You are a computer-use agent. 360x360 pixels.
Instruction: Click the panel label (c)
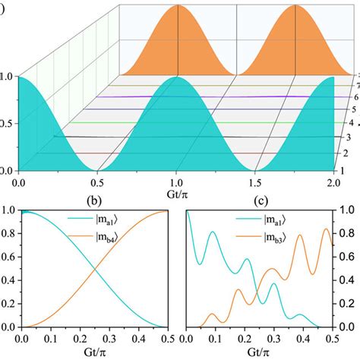(x=263, y=202)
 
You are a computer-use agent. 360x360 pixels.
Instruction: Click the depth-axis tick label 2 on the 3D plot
(x=344, y=152)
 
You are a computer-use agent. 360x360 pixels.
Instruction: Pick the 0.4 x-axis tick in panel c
(x=297, y=339)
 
